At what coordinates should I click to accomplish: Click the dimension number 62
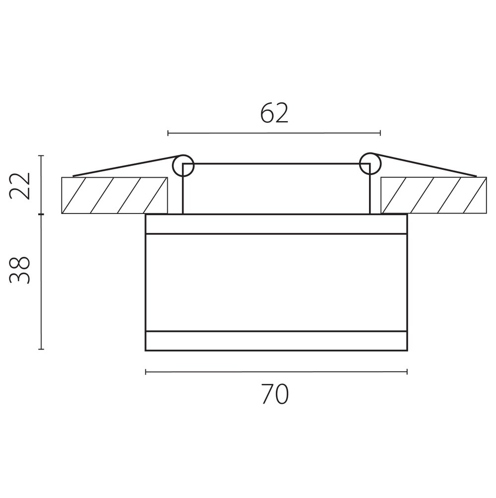(274, 113)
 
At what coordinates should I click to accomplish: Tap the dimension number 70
(275, 394)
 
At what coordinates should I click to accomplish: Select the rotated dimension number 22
(20, 186)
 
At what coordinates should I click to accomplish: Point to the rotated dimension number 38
(20, 270)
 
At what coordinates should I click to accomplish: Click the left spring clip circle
(183, 165)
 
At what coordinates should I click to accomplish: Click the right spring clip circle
(370, 164)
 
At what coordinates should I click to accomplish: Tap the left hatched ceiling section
(115, 195)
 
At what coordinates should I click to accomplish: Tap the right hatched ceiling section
(434, 195)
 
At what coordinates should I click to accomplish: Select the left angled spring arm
(127, 165)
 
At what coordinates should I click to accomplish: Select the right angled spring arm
(423, 164)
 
